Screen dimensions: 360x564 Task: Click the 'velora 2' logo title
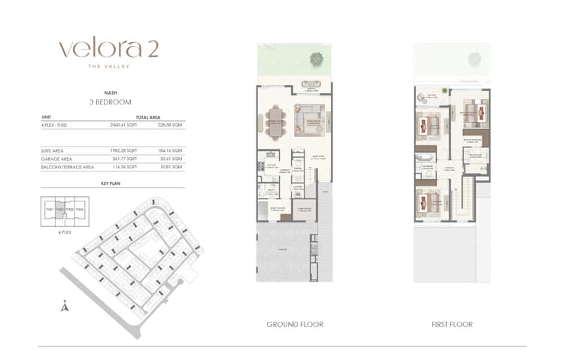coord(108,49)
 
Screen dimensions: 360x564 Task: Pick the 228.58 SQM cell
coord(171,125)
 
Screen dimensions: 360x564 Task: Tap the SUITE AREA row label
coord(53,151)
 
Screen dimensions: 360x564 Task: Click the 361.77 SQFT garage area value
coord(124,159)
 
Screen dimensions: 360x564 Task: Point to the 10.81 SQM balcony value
coord(171,167)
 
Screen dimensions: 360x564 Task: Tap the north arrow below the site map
coord(65,306)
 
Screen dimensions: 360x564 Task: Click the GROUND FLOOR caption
coord(295,325)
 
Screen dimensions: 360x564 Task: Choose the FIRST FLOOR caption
coord(452,325)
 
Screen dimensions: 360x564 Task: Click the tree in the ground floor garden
coord(316,58)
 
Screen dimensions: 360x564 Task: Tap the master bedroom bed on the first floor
coord(472,114)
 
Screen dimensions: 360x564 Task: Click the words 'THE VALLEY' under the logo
coord(108,67)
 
